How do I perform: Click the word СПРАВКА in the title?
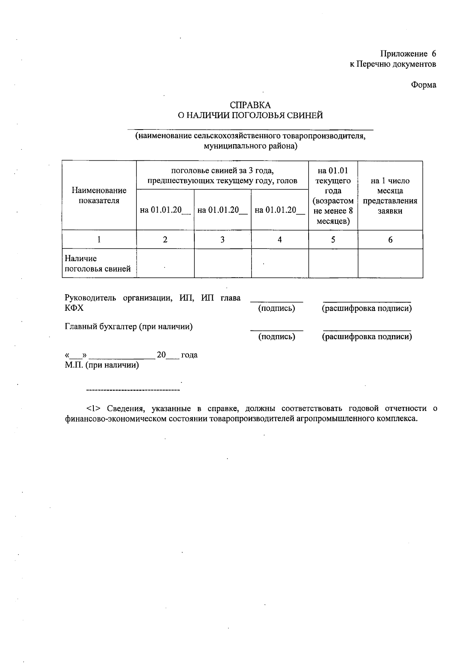click(250, 105)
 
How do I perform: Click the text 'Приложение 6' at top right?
click(408, 54)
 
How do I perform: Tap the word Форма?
click(424, 85)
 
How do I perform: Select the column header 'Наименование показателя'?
click(99, 195)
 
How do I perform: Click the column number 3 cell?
click(222, 239)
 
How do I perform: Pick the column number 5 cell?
click(333, 239)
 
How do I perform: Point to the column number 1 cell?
click(99, 239)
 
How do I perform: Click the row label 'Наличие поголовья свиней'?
click(97, 263)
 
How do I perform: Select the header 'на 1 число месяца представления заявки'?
click(390, 196)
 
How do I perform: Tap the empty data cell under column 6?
click(390, 263)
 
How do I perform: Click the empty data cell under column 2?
click(165, 263)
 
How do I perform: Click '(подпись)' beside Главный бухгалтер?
click(276, 337)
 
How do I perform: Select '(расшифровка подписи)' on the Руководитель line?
click(367, 308)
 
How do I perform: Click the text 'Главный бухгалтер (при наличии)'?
click(128, 327)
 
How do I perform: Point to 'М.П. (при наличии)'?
click(102, 365)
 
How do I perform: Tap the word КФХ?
click(74, 308)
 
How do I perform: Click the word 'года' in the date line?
click(189, 355)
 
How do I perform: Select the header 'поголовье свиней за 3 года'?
click(222, 171)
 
